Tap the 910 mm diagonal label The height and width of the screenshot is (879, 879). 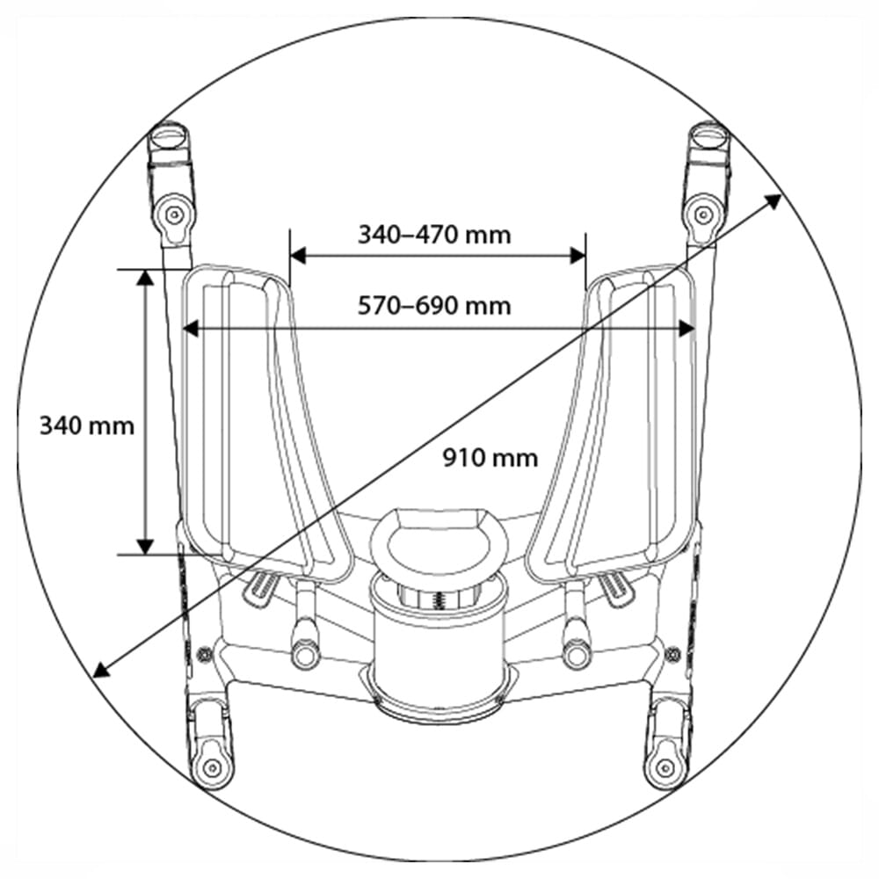coord(490,458)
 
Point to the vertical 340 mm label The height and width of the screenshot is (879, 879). coord(87,425)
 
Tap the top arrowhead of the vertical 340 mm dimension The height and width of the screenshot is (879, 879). coord(146,278)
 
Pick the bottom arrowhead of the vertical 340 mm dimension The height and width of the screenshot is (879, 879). coord(146,546)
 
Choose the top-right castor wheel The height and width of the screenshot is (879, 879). coord(703,212)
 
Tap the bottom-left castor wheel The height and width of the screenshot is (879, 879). coord(211,767)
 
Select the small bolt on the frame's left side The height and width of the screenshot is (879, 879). coord(205,653)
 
